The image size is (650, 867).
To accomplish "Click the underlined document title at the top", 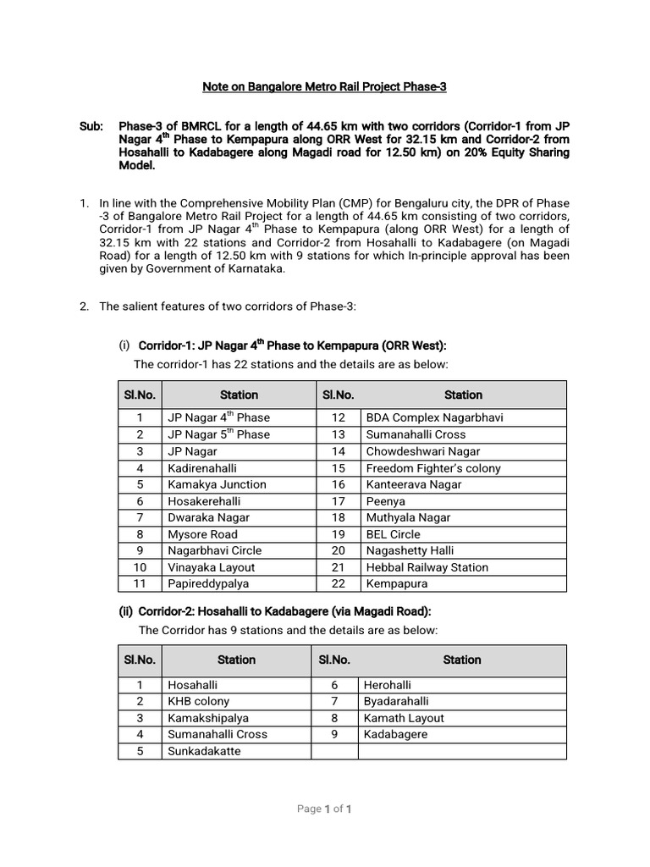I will pos(324,86).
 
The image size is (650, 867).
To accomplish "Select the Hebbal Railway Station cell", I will pos(427,567).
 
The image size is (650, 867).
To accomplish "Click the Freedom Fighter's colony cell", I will pos(432,468).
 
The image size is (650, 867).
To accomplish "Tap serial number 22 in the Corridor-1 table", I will pos(339,583).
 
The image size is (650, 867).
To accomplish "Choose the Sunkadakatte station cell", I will pos(204,751).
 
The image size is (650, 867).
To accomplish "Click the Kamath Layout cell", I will pos(404,718).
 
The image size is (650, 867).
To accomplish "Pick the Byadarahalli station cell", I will pos(396,701).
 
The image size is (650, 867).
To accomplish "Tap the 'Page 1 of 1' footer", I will pos(324,809).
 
